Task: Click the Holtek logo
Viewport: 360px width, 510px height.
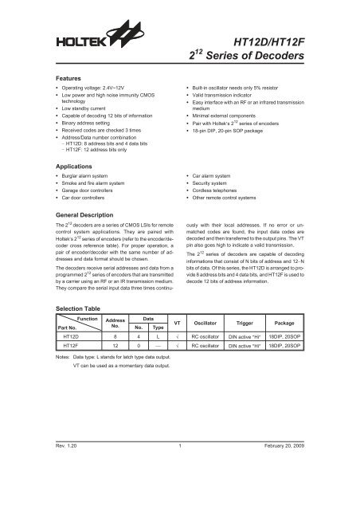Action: click(76, 39)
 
